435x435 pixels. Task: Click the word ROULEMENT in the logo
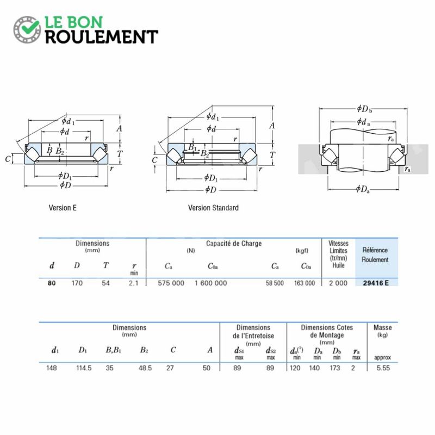pos(102,37)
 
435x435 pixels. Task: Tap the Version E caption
pos(63,208)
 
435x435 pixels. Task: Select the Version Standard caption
pos(213,208)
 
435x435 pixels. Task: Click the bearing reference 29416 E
pos(376,283)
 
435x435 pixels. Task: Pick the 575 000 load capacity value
pos(171,283)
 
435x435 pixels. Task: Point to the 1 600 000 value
pos(210,283)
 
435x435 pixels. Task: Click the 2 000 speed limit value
pos(338,283)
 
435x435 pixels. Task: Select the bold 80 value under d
pos(52,283)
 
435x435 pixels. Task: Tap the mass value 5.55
pos(383,368)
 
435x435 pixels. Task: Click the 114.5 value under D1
pos(84,368)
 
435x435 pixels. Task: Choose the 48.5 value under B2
pos(145,368)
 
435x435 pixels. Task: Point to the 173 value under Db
pos(335,368)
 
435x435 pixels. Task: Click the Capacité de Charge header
pos(234,244)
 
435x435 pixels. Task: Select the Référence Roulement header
pos(375,254)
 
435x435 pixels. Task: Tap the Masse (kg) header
pos(383,331)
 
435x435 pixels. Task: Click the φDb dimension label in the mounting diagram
pos(364,109)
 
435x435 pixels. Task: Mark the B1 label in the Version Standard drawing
pos(192,147)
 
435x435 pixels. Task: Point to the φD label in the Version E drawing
pos(66,185)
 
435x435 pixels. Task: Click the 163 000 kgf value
pos(304,283)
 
